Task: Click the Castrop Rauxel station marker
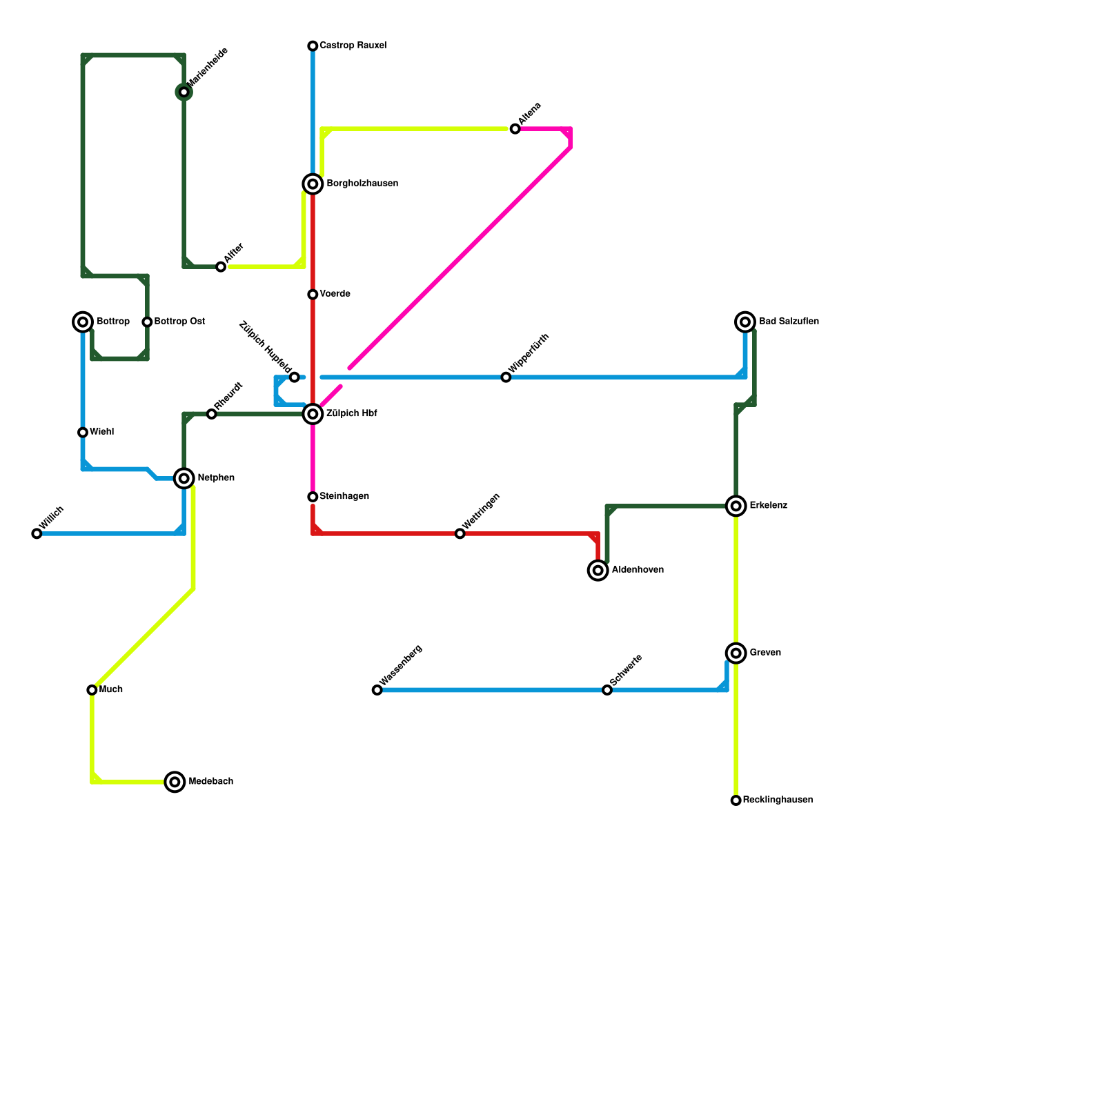coord(313,46)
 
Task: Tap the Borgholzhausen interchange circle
coord(313,184)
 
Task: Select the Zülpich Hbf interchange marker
coord(313,414)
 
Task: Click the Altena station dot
coord(515,129)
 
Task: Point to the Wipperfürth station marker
coord(506,377)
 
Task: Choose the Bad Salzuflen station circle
coord(745,322)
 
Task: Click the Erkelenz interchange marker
coord(736,506)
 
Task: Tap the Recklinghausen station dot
coord(736,800)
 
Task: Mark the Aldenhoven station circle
coord(598,571)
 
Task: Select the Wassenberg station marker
coord(377,690)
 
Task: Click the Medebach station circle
coord(175,782)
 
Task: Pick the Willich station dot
coord(37,533)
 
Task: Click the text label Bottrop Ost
coord(179,322)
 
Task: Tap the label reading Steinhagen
coord(344,497)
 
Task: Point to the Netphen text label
coord(216,478)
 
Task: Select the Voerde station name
coord(335,295)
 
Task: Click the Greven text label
coord(765,653)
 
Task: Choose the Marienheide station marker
coord(184,92)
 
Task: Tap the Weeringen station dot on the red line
coord(460,533)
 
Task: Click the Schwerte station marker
coord(607,690)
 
